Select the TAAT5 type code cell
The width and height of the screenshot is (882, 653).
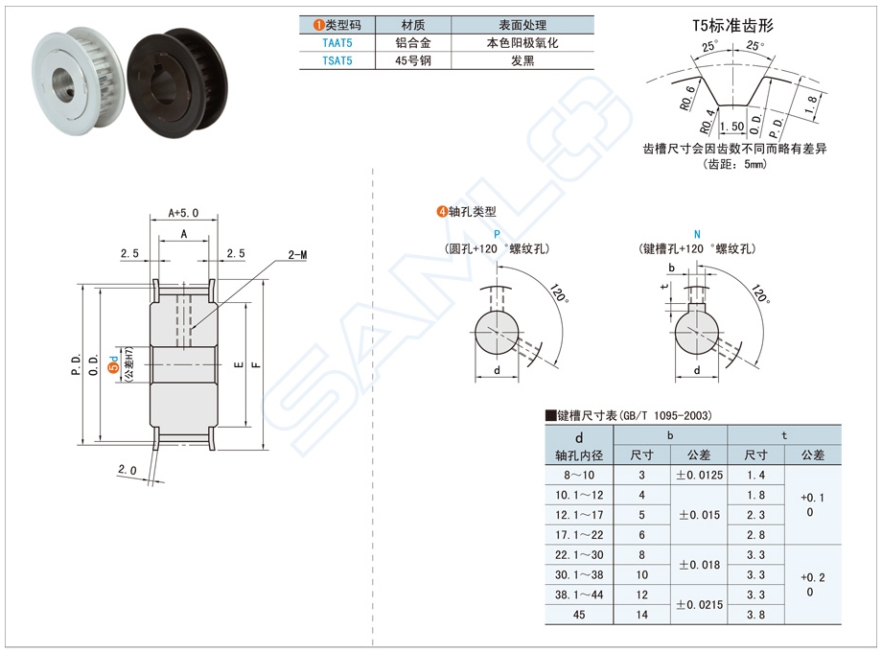tap(337, 43)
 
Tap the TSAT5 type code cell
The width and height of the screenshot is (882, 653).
tap(337, 60)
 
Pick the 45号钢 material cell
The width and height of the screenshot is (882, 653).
tap(414, 60)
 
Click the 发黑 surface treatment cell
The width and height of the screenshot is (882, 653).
tap(522, 60)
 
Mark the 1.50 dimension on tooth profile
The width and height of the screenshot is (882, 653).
tap(731, 127)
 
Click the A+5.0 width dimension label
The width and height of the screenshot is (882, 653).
tap(182, 212)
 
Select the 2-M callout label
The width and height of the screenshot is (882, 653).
tap(297, 256)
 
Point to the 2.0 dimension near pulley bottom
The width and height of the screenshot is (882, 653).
tap(128, 470)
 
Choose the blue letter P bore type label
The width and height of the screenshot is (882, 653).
tap(497, 235)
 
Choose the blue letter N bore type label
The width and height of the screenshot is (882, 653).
tap(697, 235)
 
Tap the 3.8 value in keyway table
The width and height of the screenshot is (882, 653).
tap(756, 615)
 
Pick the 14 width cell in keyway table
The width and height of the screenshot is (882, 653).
tap(641, 615)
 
